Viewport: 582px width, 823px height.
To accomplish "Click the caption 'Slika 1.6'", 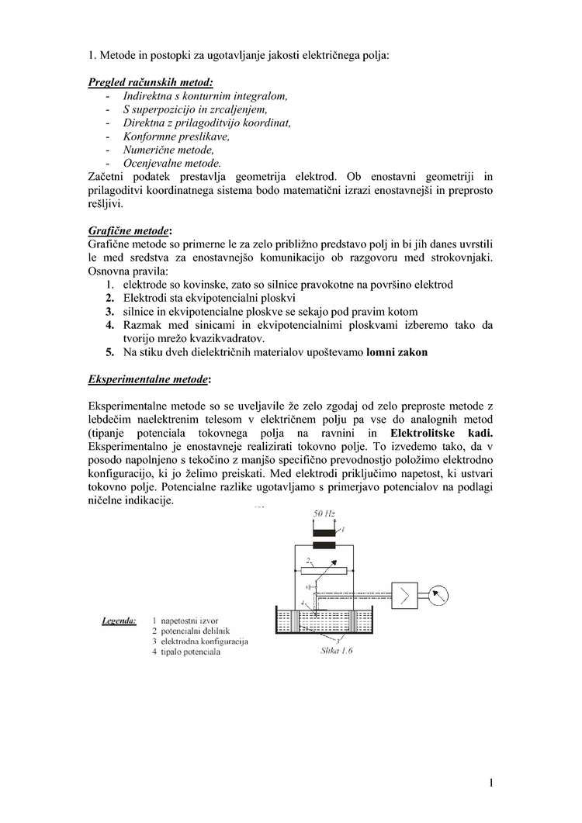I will tap(337, 652).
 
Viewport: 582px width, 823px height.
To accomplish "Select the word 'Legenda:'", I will tap(120, 621).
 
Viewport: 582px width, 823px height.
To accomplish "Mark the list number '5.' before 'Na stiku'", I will tap(110, 351).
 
